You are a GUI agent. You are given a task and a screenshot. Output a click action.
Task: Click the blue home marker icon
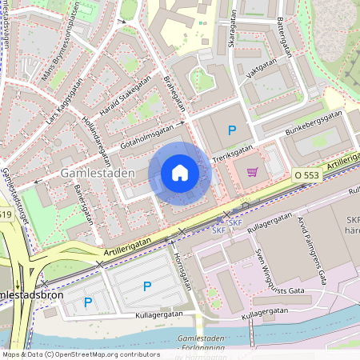(179, 173)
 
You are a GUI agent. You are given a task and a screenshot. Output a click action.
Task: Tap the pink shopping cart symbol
(253, 171)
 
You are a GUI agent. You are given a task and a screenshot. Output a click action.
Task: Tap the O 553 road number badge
(306, 174)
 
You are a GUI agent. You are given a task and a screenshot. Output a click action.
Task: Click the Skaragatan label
(232, 34)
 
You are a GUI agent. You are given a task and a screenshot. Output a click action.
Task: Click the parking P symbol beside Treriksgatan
(233, 130)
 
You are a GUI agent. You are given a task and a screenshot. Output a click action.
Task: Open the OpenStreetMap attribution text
(81, 354)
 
